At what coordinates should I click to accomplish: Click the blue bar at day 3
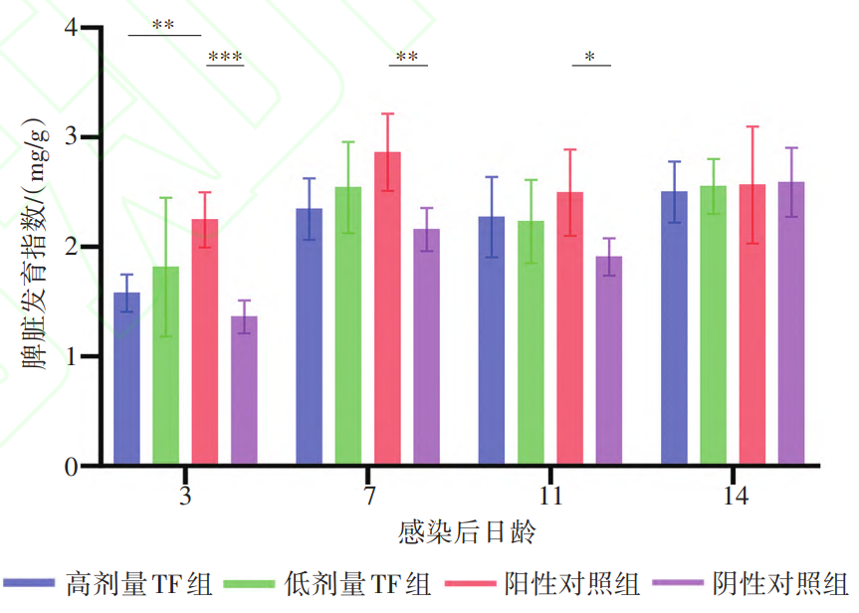point(126,378)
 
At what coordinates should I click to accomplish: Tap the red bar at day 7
point(387,308)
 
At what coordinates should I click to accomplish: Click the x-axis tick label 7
point(369,496)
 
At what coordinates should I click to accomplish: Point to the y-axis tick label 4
point(70,28)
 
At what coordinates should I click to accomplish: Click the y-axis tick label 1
point(70,356)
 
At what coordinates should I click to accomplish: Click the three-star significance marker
point(225,57)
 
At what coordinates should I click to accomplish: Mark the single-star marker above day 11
point(590,58)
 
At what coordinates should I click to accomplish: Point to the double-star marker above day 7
point(407,57)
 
